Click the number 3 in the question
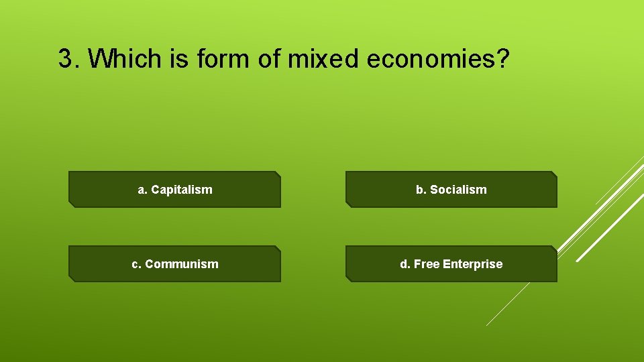point(64,59)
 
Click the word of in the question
point(264,59)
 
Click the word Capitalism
point(182,190)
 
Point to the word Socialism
point(459,190)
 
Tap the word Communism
point(182,264)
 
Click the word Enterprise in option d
point(471,264)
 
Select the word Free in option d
point(426,264)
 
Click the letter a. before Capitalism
point(142,190)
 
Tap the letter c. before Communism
point(136,264)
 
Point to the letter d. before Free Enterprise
point(405,264)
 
